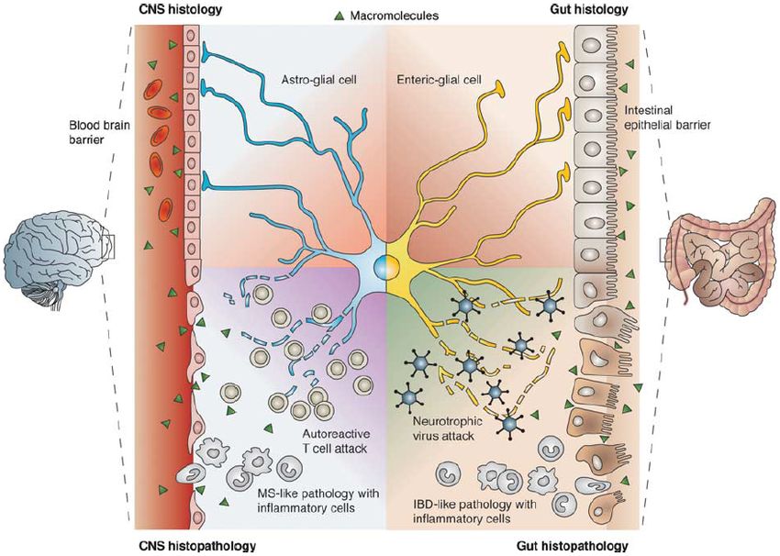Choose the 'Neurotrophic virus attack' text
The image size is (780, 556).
click(x=442, y=429)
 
